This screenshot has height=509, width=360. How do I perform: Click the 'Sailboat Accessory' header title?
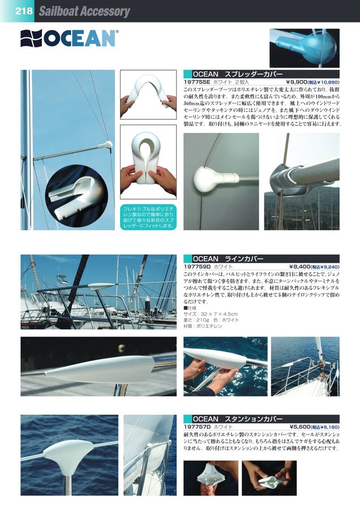[x=84, y=11]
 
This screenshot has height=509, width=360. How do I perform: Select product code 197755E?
[x=198, y=82]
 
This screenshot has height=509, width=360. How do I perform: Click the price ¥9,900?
[x=295, y=82]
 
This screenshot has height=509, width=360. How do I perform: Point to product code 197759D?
[x=198, y=266]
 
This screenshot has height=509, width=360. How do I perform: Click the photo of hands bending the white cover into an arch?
[x=148, y=94]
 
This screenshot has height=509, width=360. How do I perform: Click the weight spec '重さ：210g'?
[x=198, y=320]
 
